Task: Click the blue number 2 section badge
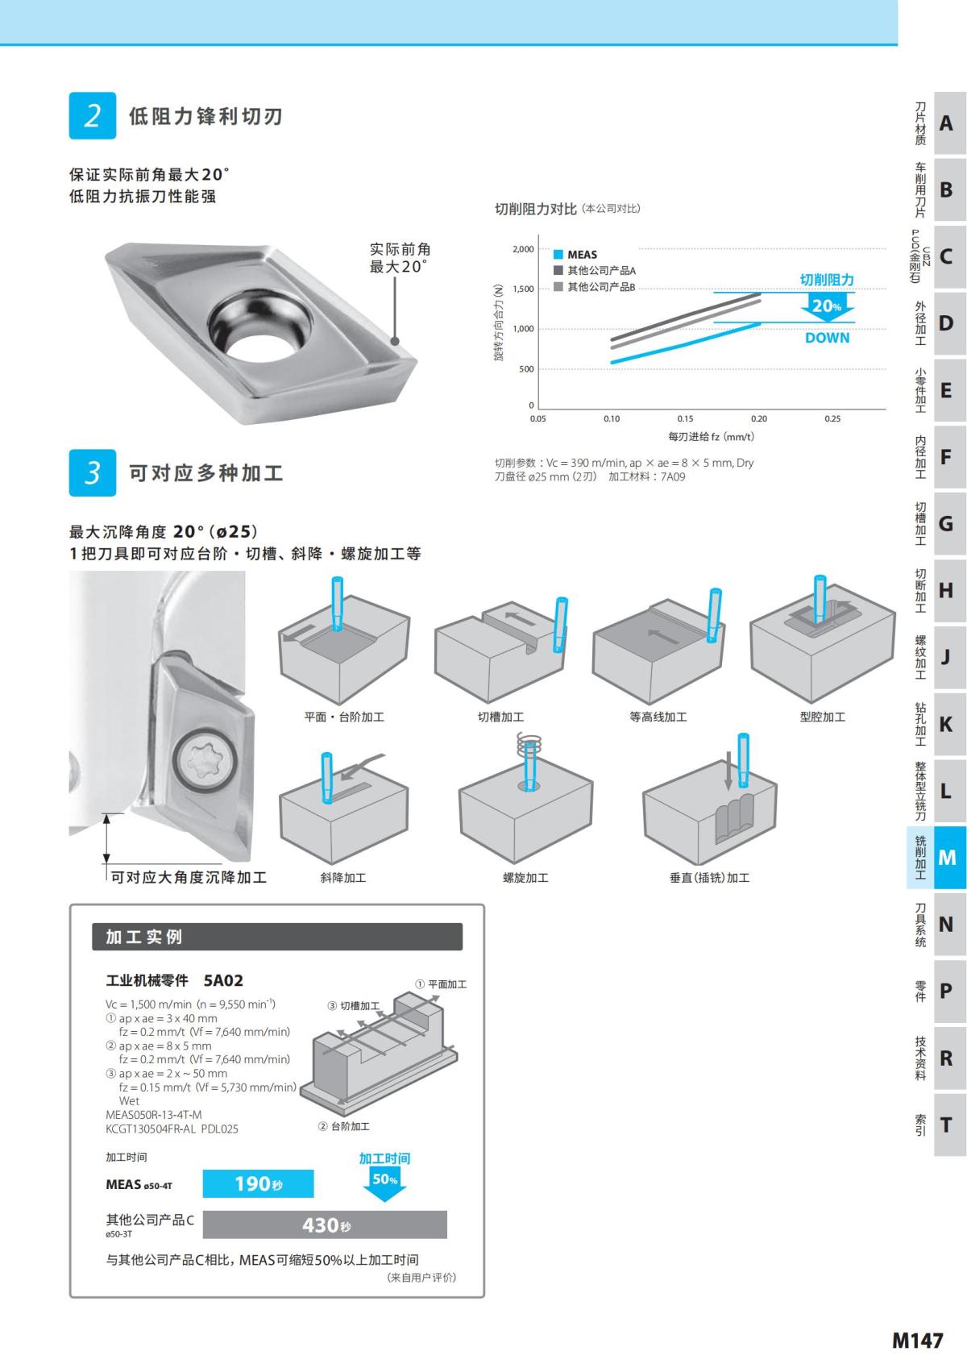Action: pyautogui.click(x=93, y=116)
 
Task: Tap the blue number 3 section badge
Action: pyautogui.click(x=93, y=472)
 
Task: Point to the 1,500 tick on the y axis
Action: pyautogui.click(x=523, y=289)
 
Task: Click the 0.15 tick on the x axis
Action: pyautogui.click(x=685, y=418)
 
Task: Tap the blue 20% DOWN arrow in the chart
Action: pyautogui.click(x=827, y=308)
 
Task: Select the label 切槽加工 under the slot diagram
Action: pyautogui.click(x=500, y=717)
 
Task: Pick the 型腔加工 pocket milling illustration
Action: pyautogui.click(x=822, y=641)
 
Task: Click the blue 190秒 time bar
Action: pyautogui.click(x=258, y=1183)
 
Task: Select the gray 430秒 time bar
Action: pyautogui.click(x=325, y=1225)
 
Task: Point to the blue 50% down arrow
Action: pyautogui.click(x=385, y=1182)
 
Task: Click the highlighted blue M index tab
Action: pyautogui.click(x=947, y=857)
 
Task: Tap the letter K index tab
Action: pyautogui.click(x=947, y=724)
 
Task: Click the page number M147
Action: pyautogui.click(x=917, y=1340)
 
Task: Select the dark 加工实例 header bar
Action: pyautogui.click(x=277, y=937)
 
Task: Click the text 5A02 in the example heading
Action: pyautogui.click(x=223, y=980)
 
